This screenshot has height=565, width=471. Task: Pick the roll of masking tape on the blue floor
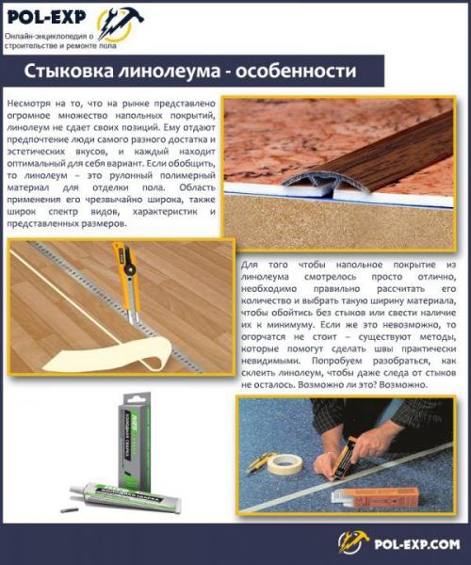tap(283, 463)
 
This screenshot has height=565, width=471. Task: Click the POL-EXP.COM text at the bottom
tap(415, 543)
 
